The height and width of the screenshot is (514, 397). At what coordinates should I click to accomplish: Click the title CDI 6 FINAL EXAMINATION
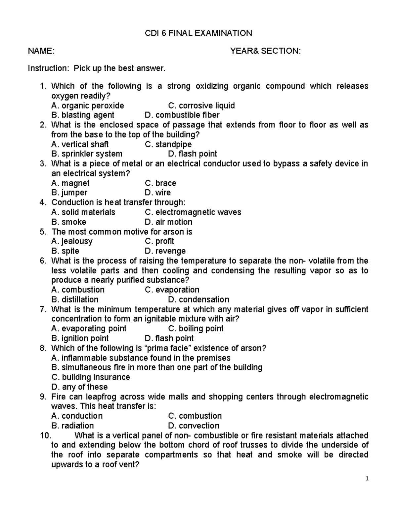[x=198, y=33]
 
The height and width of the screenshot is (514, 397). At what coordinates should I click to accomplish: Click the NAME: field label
[x=41, y=51]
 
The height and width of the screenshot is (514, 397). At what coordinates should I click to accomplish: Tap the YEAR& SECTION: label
[x=265, y=51]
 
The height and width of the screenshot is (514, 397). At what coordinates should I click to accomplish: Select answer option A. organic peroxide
[x=88, y=106]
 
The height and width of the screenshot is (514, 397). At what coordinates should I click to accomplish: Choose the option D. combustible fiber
[x=182, y=115]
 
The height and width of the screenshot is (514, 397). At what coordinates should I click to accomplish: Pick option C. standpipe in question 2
[x=168, y=144]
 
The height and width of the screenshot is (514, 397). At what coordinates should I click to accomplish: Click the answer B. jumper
[x=69, y=193]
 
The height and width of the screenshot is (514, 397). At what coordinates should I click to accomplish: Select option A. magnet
[x=70, y=183]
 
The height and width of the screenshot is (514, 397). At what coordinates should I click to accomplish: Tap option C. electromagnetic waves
[x=193, y=212]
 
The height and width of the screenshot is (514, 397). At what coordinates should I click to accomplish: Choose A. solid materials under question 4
[x=83, y=212]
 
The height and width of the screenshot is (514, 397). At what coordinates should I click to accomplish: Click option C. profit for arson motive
[x=159, y=241]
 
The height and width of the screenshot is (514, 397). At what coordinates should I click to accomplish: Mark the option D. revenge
[x=165, y=251]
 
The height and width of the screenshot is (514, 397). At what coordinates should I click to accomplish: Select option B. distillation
[x=75, y=300]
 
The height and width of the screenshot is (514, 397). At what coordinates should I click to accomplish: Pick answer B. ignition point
[x=80, y=338]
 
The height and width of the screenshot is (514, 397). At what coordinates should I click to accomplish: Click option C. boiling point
[x=196, y=329]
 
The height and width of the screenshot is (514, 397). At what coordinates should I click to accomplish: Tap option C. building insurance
[x=91, y=377]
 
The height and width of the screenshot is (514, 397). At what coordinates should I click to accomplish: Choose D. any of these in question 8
[x=79, y=387]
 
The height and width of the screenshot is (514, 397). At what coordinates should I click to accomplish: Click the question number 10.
[x=44, y=435]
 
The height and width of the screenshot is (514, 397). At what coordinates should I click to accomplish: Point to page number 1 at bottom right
[x=367, y=478]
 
